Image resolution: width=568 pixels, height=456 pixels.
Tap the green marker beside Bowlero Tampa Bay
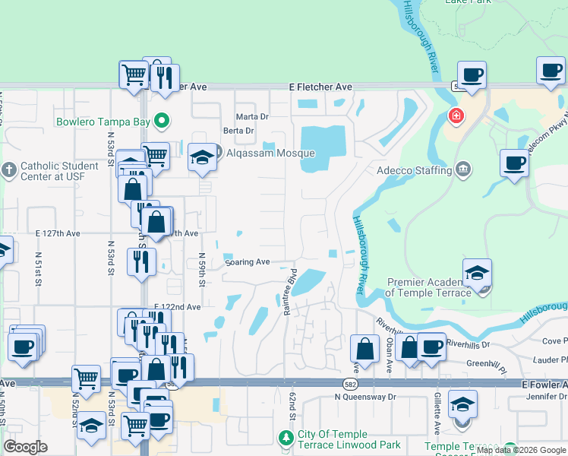161,121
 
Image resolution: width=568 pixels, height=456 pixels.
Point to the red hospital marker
456,116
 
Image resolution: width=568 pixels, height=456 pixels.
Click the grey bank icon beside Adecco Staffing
462,169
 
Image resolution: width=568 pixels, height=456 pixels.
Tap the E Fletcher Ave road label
320,87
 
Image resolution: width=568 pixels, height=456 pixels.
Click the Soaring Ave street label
248,262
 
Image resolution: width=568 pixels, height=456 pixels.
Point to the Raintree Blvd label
289,292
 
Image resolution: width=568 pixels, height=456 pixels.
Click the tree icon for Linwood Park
286,438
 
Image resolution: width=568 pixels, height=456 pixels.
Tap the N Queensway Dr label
366,397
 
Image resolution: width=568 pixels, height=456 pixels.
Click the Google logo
26,447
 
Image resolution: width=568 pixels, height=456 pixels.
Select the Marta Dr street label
252,116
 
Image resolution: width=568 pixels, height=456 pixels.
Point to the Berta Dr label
238,131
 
